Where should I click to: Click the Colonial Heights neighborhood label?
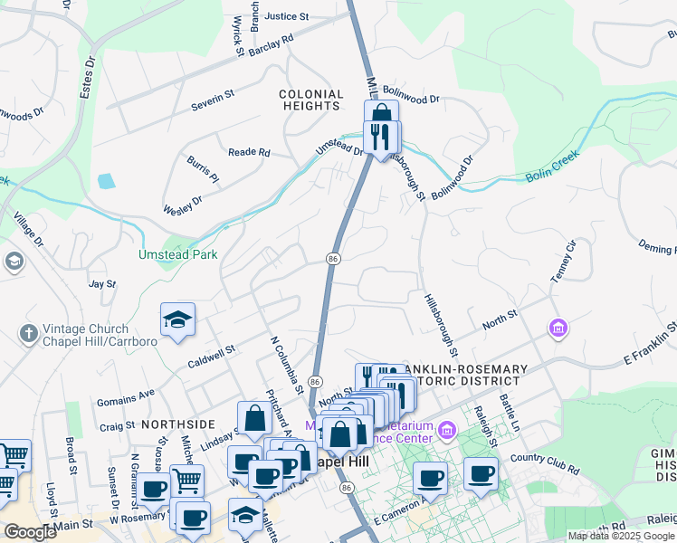click(x=310, y=100)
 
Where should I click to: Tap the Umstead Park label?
click(x=177, y=255)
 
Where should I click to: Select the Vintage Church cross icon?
click(x=28, y=334)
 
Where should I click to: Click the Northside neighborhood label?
click(x=177, y=424)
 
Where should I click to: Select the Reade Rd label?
click(x=249, y=153)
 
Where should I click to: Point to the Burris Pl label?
click(x=203, y=168)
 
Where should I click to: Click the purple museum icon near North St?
click(x=558, y=327)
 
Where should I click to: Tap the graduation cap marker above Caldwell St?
click(x=177, y=319)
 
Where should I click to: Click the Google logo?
click(x=30, y=532)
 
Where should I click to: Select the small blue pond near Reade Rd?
click(x=106, y=180)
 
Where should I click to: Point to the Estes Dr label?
click(x=89, y=79)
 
